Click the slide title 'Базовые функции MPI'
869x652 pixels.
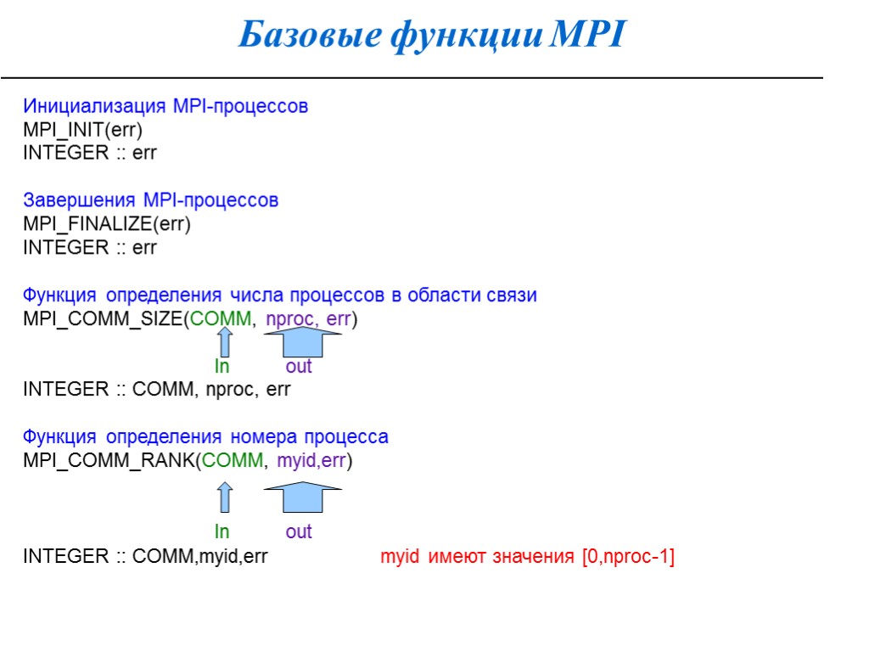click(431, 36)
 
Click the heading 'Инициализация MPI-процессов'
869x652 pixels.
click(165, 107)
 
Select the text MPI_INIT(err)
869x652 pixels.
click(83, 130)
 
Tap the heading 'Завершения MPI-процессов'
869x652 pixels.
click(151, 201)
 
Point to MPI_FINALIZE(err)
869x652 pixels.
click(107, 224)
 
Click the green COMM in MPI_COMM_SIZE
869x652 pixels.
click(221, 319)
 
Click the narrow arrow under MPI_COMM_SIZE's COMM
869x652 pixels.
click(224, 342)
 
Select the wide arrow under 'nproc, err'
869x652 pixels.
click(302, 342)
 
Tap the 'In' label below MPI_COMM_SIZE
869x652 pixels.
click(221, 367)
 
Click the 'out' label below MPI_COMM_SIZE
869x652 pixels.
click(299, 367)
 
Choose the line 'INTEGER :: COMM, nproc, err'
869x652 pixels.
click(157, 390)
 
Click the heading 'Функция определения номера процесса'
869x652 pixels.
click(206, 437)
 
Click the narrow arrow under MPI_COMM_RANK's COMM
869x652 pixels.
click(224, 497)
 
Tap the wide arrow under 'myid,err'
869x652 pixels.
click(302, 497)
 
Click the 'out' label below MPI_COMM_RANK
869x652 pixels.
click(299, 531)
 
